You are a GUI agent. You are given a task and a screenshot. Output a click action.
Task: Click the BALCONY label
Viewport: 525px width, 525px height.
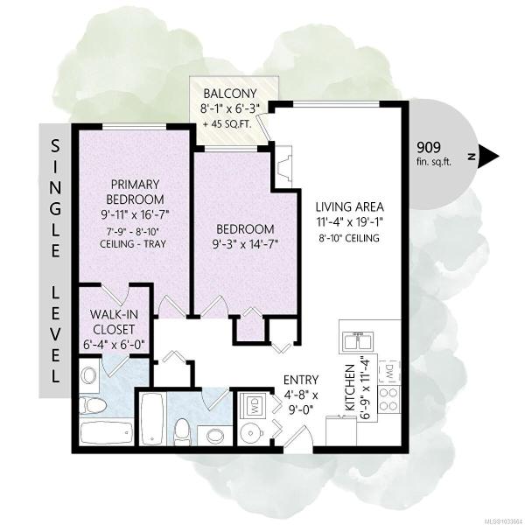[x=230, y=93]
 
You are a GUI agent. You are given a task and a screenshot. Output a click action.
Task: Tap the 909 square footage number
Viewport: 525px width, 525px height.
[x=429, y=147]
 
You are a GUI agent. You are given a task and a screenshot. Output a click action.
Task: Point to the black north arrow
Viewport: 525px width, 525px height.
[x=489, y=157]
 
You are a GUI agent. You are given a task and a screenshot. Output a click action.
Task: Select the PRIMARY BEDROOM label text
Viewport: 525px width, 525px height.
[x=135, y=192]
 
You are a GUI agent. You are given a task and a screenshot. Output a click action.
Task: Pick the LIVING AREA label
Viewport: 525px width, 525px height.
[x=349, y=206]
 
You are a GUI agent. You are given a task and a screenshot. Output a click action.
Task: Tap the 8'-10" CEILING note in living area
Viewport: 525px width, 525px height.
[x=349, y=238]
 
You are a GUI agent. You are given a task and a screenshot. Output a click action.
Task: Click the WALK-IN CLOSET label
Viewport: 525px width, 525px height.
[x=114, y=322]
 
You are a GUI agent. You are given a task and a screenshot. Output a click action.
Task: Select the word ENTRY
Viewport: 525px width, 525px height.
[x=301, y=380]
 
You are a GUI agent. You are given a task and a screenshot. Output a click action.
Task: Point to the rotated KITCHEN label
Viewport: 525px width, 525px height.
[x=350, y=388]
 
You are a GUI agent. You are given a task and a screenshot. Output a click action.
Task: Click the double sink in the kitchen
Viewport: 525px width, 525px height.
[x=357, y=341]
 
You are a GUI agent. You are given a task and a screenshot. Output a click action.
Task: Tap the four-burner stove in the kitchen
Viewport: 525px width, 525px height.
[x=389, y=399]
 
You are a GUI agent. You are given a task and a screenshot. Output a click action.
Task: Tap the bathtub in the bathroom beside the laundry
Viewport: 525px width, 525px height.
[x=152, y=419]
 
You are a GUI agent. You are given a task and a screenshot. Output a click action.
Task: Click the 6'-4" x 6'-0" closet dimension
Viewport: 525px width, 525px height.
[x=114, y=346]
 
